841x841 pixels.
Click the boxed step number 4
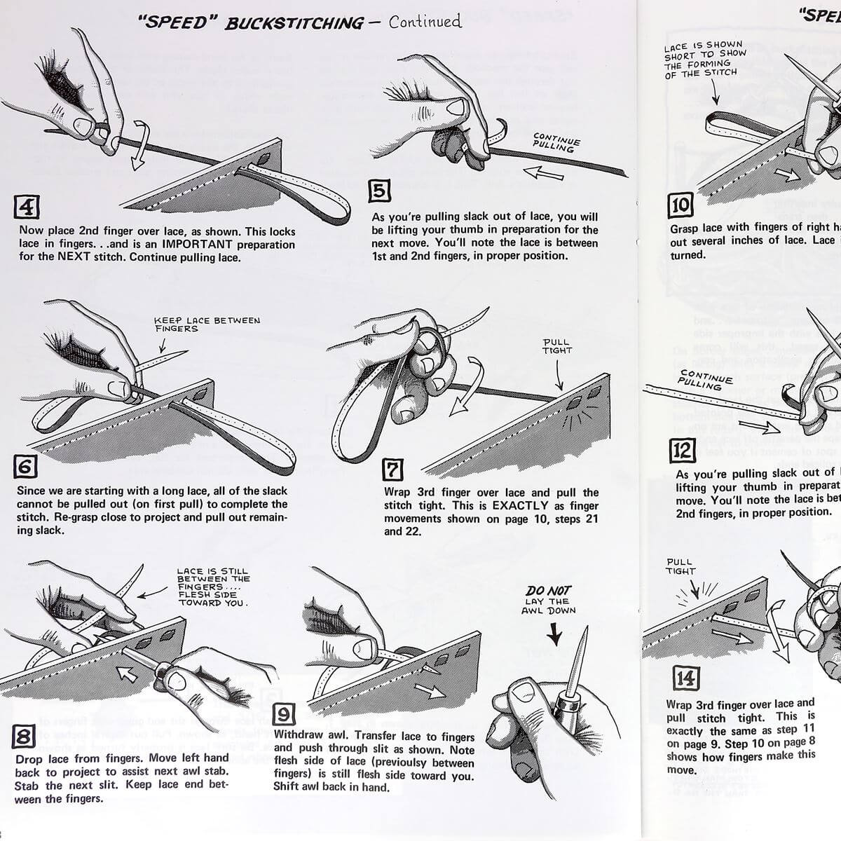27,207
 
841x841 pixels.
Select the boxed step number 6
25,467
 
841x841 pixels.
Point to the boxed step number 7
392,469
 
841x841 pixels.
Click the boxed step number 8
23,737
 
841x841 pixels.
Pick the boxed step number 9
284,714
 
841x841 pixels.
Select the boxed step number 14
685,678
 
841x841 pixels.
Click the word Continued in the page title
425,22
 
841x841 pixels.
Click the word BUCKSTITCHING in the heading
294,23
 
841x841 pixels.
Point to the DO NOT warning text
548,591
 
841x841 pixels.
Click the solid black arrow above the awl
554,634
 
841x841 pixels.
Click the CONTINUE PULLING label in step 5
556,142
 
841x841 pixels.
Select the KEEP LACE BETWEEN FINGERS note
206,324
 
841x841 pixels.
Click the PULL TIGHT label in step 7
557,346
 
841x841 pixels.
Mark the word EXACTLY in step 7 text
520,505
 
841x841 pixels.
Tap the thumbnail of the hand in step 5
458,107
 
